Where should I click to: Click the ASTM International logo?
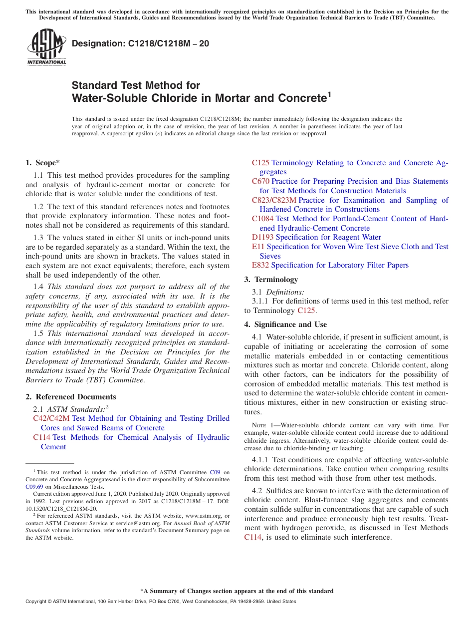[x=46, y=47]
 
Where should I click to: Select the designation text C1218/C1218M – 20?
[x=141, y=43]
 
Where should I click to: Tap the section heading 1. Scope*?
[x=43, y=162]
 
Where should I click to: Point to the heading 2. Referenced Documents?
[x=71, y=397]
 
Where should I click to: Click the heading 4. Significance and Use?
[x=285, y=324]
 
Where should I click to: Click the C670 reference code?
[x=260, y=181]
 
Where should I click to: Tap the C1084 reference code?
[x=262, y=219]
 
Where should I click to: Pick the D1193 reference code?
[x=262, y=237]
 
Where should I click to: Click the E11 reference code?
[x=258, y=247]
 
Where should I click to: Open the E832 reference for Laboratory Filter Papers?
[x=260, y=265]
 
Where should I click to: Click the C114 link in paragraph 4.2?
[x=252, y=537]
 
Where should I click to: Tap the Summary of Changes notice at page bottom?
[x=237, y=591]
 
